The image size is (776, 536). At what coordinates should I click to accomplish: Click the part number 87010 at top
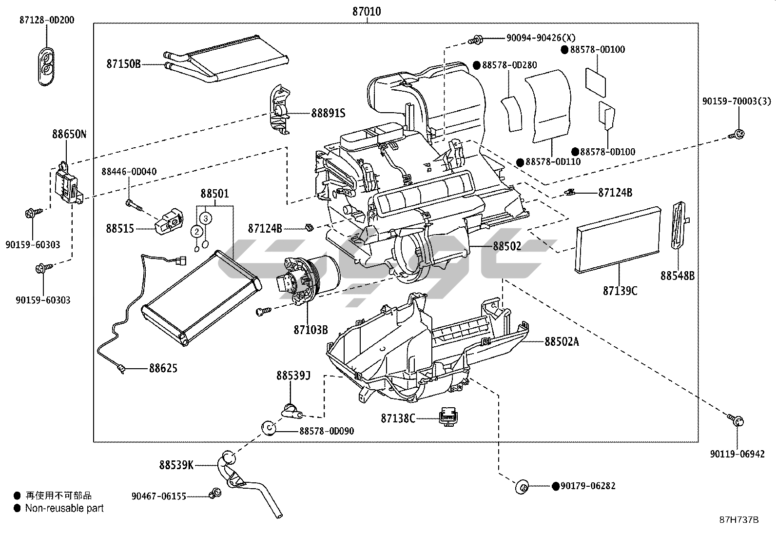(x=367, y=11)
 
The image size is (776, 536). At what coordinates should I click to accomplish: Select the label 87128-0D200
(x=47, y=20)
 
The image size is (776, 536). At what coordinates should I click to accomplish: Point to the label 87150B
(x=123, y=64)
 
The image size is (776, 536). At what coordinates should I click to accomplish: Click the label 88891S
(x=328, y=113)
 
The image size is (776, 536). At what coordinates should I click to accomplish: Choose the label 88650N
(x=69, y=134)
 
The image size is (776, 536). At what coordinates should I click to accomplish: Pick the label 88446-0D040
(x=129, y=172)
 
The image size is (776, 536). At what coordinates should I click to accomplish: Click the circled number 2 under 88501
(x=197, y=231)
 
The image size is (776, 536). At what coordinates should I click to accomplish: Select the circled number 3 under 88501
(x=206, y=218)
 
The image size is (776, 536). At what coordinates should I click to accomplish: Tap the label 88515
(x=119, y=228)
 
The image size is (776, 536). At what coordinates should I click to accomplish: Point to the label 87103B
(x=310, y=330)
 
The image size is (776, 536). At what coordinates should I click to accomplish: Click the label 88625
(x=163, y=368)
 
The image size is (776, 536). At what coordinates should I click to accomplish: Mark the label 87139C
(x=620, y=291)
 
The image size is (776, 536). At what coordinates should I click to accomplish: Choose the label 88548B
(x=678, y=276)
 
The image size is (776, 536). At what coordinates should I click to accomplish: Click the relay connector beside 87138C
(x=449, y=417)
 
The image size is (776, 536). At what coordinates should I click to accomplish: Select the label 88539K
(x=176, y=465)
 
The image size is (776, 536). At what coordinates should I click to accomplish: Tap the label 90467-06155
(x=159, y=496)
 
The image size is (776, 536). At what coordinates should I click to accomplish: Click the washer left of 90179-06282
(x=522, y=487)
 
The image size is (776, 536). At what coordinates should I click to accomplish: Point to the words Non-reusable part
(x=64, y=508)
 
